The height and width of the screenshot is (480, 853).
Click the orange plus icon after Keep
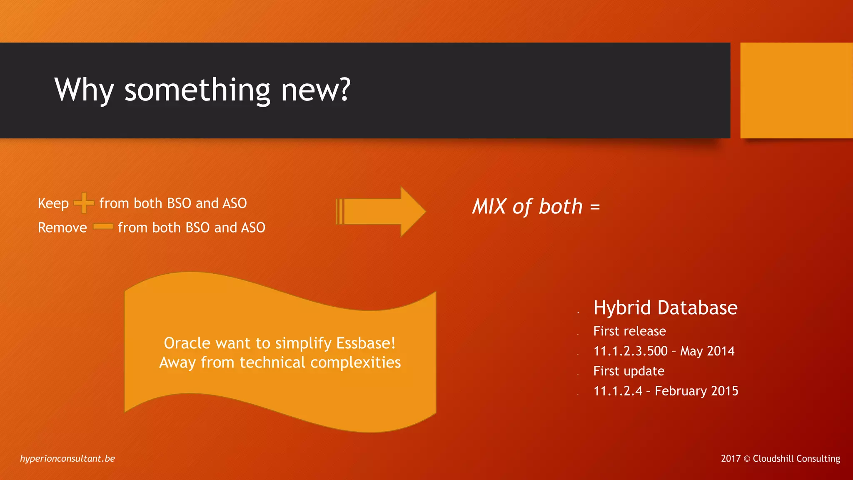[84, 203]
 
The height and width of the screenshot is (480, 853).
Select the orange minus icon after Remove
[103, 227]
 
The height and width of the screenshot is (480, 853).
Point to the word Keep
[53, 203]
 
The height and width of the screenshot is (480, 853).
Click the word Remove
[62, 227]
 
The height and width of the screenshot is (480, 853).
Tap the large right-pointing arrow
[380, 212]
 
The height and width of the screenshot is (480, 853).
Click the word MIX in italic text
[489, 207]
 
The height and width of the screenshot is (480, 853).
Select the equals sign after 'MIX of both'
[595, 207]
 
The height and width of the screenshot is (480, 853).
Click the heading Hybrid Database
[665, 308]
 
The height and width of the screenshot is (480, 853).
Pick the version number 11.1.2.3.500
[631, 351]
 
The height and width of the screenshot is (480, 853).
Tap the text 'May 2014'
[707, 351]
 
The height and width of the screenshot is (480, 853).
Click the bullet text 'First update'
[629, 371]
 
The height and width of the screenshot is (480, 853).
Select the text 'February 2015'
[696, 391]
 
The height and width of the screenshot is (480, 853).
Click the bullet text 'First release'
[629, 331]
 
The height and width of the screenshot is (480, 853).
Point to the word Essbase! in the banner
[366, 343]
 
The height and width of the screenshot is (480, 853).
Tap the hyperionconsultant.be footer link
[67, 458]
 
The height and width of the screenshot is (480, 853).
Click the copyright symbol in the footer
[747, 459]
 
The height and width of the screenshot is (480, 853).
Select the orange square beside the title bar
[796, 90]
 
